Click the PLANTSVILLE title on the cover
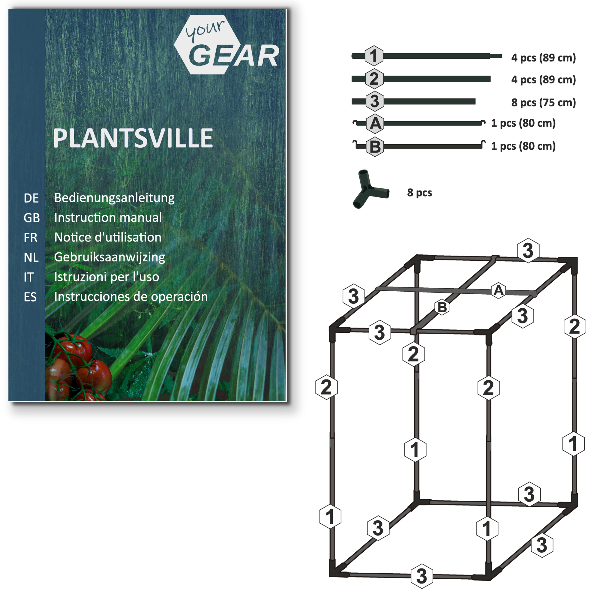(x=133, y=138)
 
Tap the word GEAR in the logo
(x=233, y=55)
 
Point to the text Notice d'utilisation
(x=108, y=238)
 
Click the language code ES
(x=30, y=297)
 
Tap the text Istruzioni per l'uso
(x=106, y=277)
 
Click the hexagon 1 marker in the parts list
(x=373, y=56)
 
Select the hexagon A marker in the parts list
(x=375, y=124)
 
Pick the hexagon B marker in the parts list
(x=375, y=147)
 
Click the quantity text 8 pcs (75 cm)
(x=544, y=103)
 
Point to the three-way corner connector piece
(x=370, y=189)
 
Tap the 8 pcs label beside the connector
(x=420, y=193)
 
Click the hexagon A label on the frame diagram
(x=498, y=290)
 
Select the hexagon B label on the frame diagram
(x=442, y=307)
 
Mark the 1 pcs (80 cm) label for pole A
(x=523, y=123)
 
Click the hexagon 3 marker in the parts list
(x=374, y=101)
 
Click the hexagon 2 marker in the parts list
(x=374, y=79)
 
